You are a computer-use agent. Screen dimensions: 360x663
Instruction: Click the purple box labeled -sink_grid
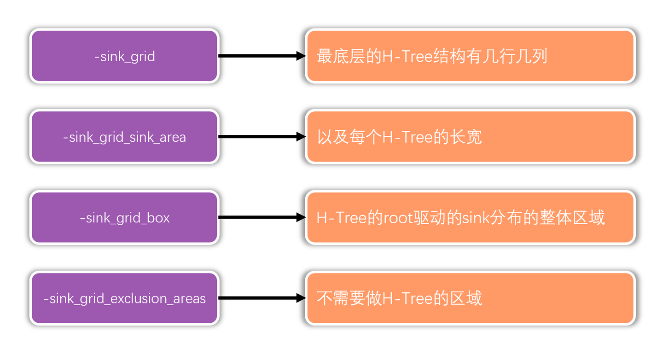[124, 56]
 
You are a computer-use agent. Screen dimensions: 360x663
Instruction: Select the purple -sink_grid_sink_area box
[124, 137]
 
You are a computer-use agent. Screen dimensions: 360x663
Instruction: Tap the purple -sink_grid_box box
[124, 217]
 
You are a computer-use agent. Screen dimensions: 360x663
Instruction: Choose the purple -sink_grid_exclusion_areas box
[124, 298]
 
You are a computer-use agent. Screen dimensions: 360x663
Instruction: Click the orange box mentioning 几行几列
[470, 56]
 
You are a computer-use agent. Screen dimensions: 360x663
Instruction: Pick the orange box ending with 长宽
[470, 137]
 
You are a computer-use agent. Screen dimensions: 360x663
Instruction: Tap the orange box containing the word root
[470, 217]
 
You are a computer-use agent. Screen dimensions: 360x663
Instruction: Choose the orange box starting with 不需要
[470, 298]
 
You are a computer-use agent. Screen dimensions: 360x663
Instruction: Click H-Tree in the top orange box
[407, 57]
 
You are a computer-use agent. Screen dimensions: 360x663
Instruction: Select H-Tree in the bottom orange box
[407, 299]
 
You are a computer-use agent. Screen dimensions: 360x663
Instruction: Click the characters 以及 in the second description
[332, 137]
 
